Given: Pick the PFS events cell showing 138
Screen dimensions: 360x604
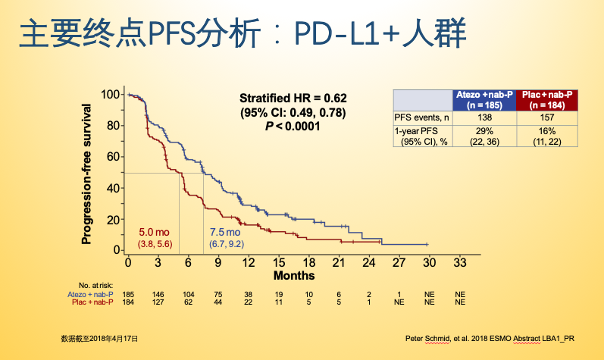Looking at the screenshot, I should (x=484, y=117).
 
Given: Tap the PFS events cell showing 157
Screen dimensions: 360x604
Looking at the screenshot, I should (x=547, y=117).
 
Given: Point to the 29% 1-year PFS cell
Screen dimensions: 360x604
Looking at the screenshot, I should (x=484, y=130).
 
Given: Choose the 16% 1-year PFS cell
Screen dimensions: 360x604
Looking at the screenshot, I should (x=547, y=130).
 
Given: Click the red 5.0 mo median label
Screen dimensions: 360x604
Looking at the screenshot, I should (x=155, y=231).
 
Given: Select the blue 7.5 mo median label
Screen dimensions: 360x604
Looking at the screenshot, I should (x=226, y=231).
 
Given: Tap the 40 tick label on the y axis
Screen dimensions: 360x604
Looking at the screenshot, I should (x=113, y=188).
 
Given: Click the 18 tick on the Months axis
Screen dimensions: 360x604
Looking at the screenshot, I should (x=308, y=262).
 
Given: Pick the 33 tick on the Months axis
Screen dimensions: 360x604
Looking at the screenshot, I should (x=458, y=262).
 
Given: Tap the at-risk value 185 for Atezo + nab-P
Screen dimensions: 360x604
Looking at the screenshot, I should (x=129, y=294).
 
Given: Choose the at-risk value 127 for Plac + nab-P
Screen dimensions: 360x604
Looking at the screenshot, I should (x=158, y=302).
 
